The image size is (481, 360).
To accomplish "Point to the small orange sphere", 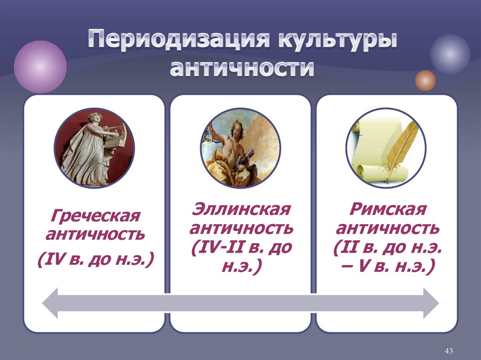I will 425,80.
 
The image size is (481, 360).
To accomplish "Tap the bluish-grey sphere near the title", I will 450,54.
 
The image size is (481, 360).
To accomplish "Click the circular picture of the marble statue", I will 94,147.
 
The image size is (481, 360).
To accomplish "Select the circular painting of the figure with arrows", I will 240,147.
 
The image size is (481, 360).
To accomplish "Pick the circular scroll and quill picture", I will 386,147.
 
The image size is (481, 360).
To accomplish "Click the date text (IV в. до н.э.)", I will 96,259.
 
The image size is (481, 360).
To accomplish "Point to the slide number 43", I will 448,351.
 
